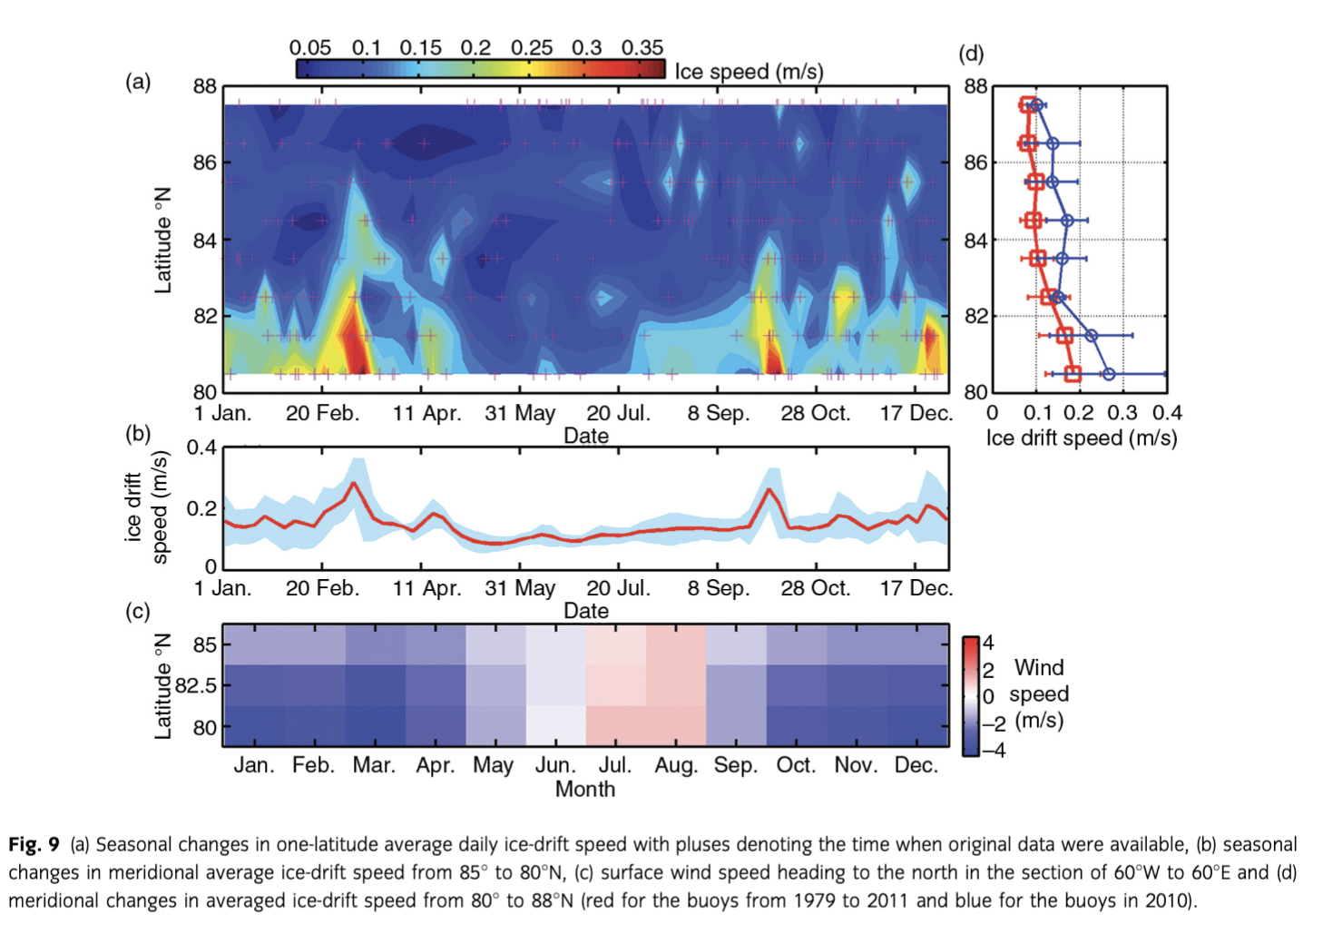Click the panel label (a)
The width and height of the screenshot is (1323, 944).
coord(138,83)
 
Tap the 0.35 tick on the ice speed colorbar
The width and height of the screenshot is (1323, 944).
coord(642,47)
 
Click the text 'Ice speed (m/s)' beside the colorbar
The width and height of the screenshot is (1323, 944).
coord(749,71)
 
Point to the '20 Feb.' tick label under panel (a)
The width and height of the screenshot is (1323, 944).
coord(322,414)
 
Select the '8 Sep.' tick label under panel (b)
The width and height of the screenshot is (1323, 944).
coord(718,588)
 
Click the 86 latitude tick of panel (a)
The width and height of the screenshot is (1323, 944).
coord(205,163)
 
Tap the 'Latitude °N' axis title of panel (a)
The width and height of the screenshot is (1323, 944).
coord(162,241)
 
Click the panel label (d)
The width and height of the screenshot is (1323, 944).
coord(971,54)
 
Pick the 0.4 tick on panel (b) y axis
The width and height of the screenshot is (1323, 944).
coord(201,447)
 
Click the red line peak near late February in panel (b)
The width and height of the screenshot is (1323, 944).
coord(355,483)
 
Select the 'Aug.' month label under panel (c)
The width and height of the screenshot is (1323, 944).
coord(676,765)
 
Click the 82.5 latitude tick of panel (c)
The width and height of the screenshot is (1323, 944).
coord(196,685)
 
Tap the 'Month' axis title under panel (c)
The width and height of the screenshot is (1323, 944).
coord(585,790)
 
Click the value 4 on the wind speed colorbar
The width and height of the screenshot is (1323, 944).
coord(988,643)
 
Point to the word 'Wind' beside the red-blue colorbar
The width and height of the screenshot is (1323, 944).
coord(1039,668)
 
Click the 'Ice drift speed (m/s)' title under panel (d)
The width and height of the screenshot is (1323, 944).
coord(1081,438)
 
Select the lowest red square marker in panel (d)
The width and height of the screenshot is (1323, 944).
coord(1073,374)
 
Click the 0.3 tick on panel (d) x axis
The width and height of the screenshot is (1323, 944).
coord(1122,414)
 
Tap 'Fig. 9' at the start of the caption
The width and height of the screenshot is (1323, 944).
coord(34,845)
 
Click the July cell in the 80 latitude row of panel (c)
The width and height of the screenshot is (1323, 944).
coord(615,726)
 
